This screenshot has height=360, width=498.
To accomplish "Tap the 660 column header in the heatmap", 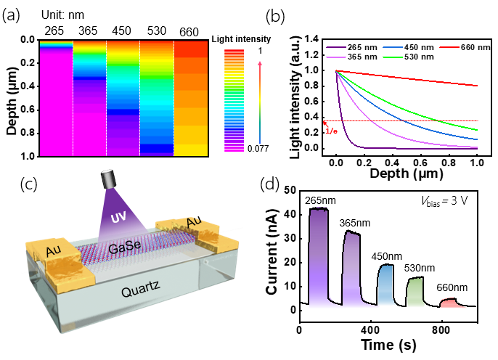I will [189, 33].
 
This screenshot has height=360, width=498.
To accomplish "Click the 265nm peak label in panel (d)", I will [319, 200].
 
